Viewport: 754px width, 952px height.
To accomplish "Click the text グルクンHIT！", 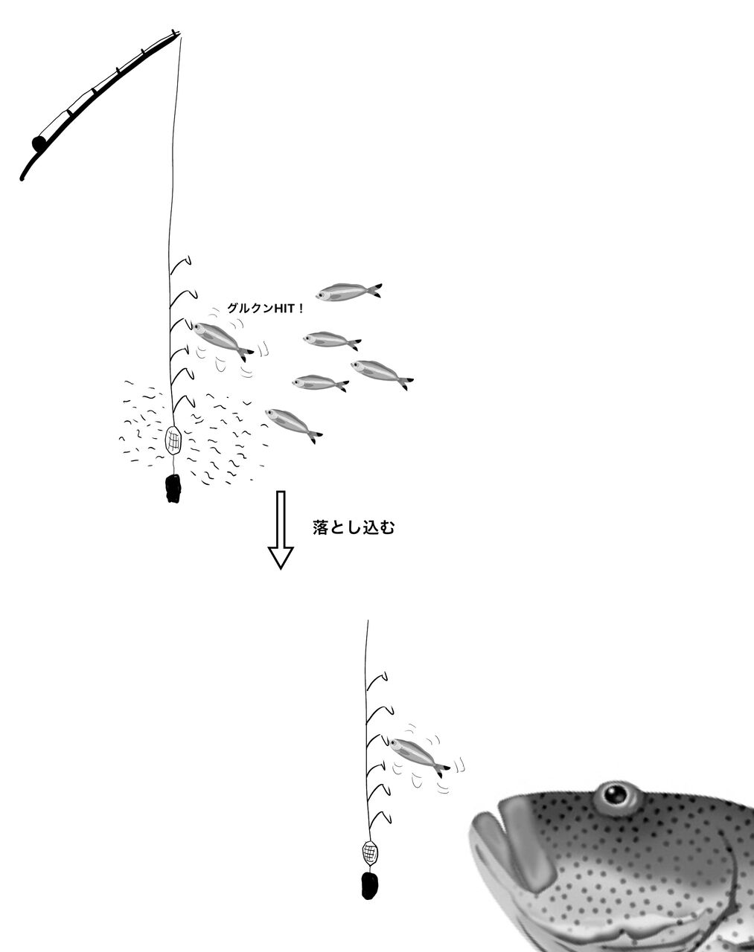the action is point(265,307).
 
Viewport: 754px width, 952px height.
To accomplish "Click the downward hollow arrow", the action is point(281,530).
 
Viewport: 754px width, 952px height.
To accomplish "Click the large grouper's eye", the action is point(616,796).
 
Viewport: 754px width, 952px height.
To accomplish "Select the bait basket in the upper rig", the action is point(173,440).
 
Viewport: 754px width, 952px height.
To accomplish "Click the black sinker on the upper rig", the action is point(173,488).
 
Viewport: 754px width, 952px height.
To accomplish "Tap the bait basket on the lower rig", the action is point(370,851).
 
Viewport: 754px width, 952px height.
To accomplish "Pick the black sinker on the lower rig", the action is point(369,884).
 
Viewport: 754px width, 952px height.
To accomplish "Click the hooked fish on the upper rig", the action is point(221,338).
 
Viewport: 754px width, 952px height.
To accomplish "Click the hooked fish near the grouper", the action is point(418,754).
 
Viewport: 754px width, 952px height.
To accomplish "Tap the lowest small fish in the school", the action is point(293,423).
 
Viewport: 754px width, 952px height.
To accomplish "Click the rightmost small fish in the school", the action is point(380,373).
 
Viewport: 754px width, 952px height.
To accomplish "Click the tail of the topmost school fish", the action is point(376,290).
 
